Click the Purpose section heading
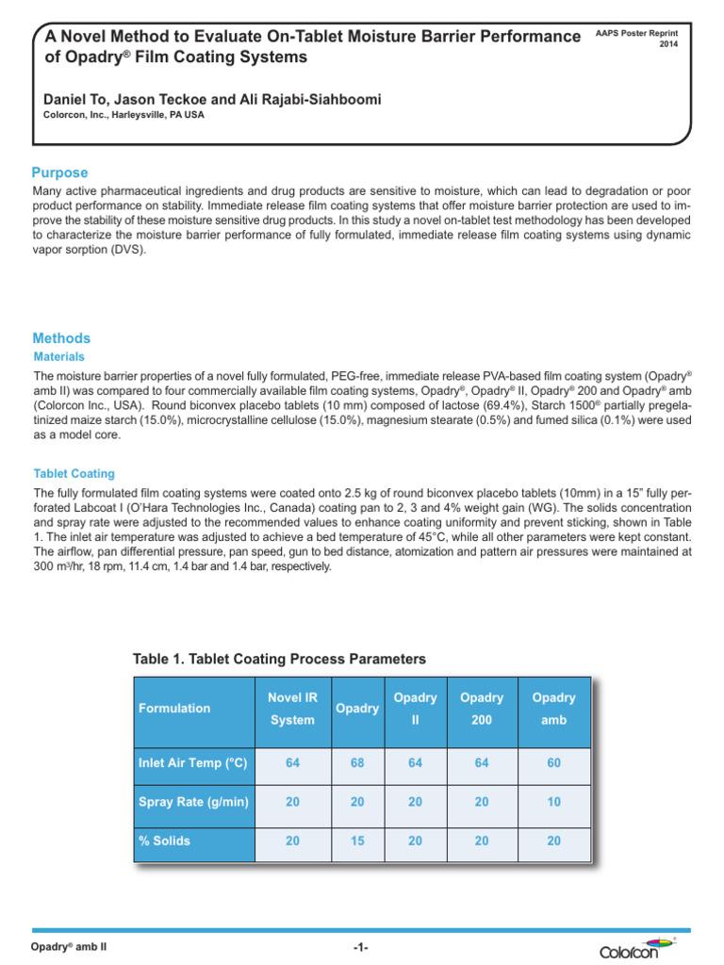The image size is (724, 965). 60,173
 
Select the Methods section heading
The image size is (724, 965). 61,338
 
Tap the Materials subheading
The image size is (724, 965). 58,357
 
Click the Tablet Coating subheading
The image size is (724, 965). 74,473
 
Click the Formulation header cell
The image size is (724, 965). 174,708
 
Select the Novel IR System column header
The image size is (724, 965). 292,708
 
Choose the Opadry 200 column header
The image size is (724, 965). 481,708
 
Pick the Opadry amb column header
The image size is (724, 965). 553,708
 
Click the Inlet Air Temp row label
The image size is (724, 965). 192,762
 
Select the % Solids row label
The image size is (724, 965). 164,841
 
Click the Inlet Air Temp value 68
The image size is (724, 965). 356,762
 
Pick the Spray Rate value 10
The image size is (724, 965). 553,801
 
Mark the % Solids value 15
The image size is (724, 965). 356,841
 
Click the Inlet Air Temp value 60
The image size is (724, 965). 553,762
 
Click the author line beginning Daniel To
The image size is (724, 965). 212,99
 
